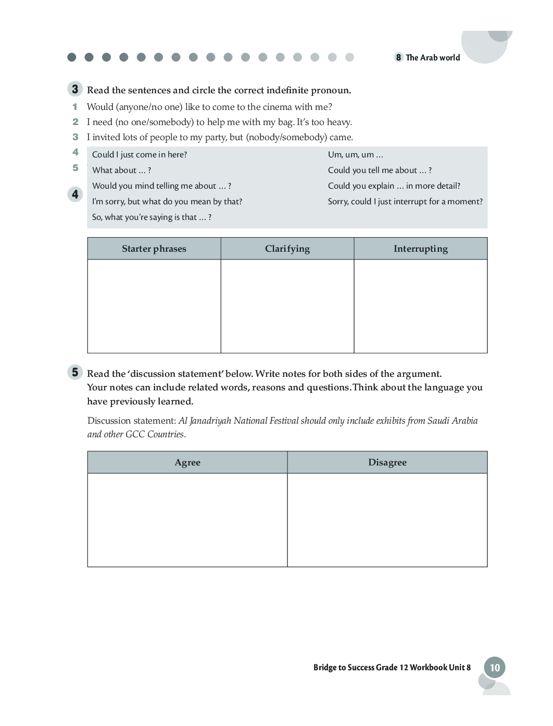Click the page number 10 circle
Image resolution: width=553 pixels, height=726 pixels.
click(495, 668)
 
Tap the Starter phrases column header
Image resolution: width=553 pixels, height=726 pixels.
click(154, 249)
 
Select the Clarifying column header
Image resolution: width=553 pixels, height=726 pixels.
click(287, 249)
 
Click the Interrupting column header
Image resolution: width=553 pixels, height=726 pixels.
click(421, 249)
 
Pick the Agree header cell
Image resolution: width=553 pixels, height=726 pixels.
click(187, 463)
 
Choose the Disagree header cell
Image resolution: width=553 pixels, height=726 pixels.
click(387, 463)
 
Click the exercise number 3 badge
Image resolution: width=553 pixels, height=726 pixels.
click(75, 89)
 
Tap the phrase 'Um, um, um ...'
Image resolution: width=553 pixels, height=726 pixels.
click(356, 155)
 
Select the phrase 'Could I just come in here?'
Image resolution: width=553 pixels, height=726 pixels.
click(140, 155)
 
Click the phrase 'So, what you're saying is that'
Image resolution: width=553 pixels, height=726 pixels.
click(152, 217)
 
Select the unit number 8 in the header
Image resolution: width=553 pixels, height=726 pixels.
click(398, 57)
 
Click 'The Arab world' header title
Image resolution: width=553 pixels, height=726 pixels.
click(433, 58)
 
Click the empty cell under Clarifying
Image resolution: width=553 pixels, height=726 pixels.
click(287, 306)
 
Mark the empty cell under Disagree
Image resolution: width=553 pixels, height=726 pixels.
click(387, 520)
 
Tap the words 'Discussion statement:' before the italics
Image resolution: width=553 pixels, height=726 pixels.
click(132, 421)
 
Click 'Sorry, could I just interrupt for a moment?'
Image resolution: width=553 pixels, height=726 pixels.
click(405, 202)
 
